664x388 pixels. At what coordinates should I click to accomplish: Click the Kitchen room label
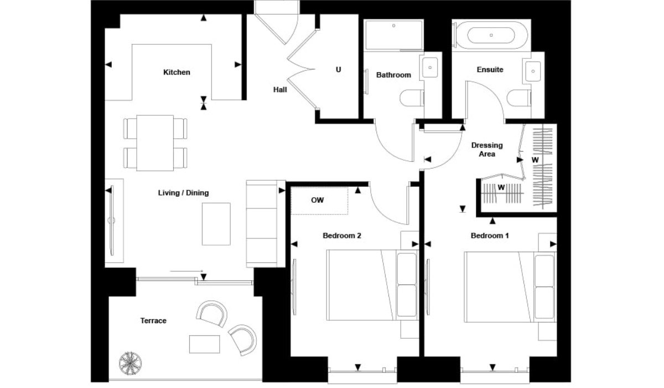[x=177, y=72]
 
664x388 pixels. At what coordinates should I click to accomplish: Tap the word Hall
[x=280, y=90]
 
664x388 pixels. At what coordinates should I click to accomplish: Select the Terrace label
[x=153, y=320]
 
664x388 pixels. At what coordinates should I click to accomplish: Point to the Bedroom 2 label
[x=342, y=236]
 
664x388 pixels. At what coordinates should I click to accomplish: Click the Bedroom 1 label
[x=490, y=236]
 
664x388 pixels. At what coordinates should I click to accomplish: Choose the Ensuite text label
[x=490, y=69]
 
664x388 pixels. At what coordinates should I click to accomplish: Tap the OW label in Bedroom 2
[x=318, y=200]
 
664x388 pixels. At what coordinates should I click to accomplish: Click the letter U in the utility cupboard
[x=338, y=69]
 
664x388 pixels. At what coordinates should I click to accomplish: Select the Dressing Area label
[x=487, y=150]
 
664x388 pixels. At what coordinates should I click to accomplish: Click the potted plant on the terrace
[x=130, y=364]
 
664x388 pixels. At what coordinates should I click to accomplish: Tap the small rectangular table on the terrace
[x=205, y=344]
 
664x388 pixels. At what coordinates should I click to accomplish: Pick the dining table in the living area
[x=155, y=143]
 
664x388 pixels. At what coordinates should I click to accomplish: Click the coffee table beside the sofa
[x=216, y=224]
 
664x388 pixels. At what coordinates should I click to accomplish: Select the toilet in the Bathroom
[x=412, y=98]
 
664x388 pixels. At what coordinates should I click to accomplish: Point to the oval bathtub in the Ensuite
[x=491, y=35]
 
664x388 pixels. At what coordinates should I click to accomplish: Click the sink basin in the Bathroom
[x=430, y=68]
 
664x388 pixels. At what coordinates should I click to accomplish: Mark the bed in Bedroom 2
[x=372, y=285]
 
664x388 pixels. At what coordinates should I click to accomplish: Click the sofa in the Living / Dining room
[x=262, y=224]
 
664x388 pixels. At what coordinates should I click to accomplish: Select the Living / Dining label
[x=183, y=193]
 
